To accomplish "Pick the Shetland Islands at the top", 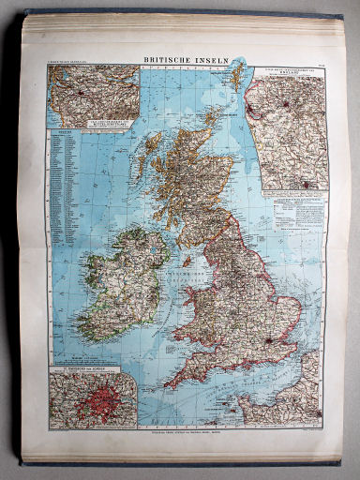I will coord(237,75).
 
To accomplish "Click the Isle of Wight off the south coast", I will coord(248,370).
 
